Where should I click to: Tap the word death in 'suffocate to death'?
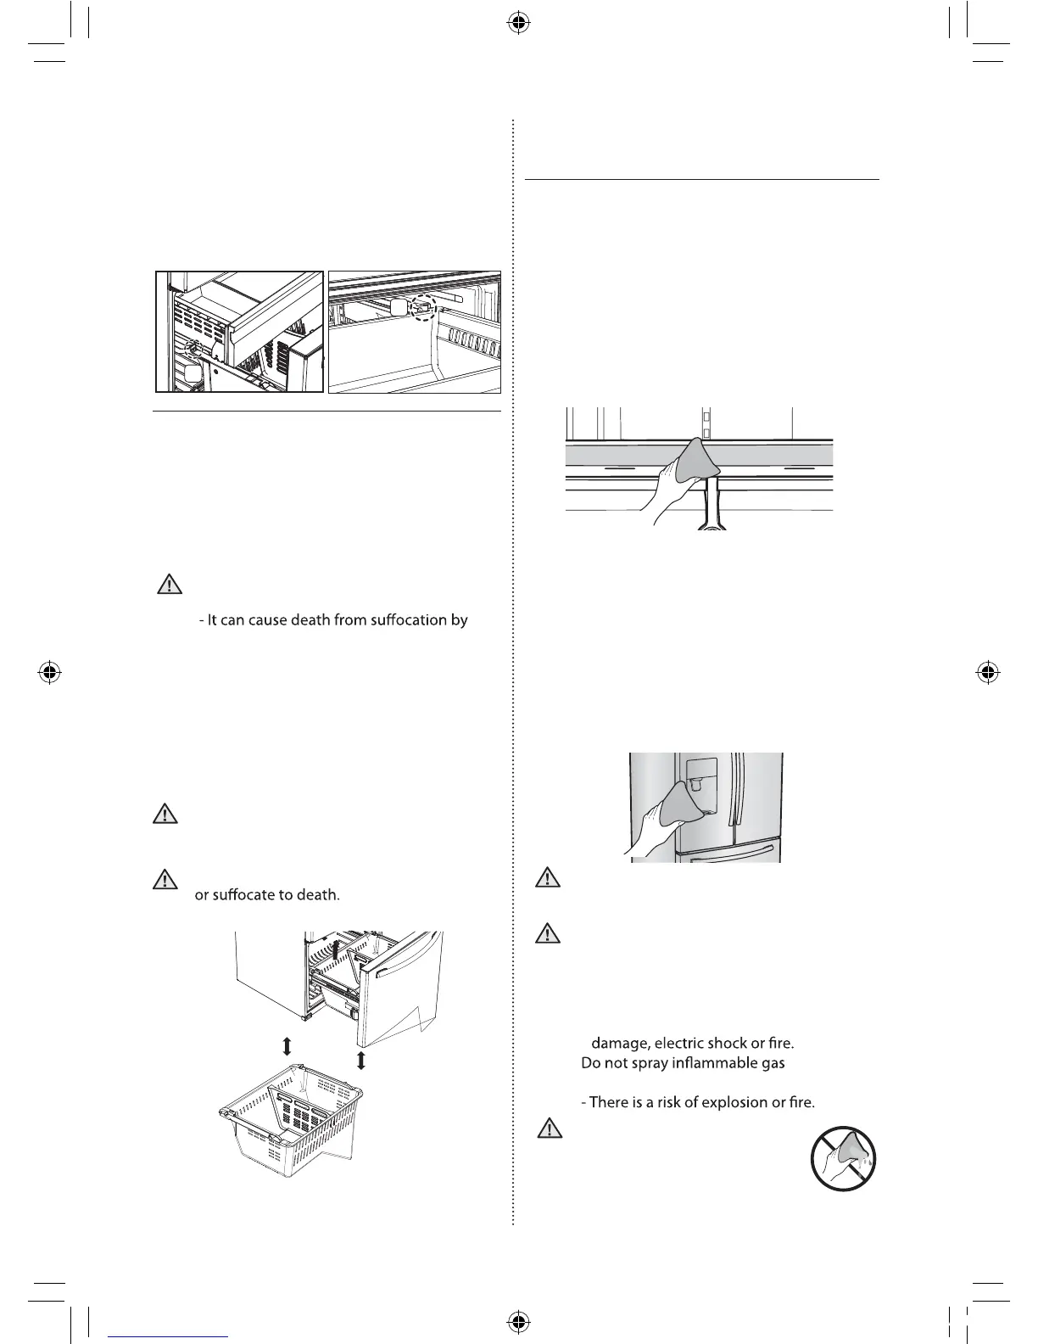click(x=317, y=894)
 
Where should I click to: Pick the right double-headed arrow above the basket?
click(x=361, y=1059)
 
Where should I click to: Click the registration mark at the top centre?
click(x=518, y=24)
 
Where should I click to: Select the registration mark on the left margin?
click(x=49, y=673)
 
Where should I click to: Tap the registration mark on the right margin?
click(x=985, y=673)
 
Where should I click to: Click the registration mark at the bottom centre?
click(x=518, y=1321)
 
